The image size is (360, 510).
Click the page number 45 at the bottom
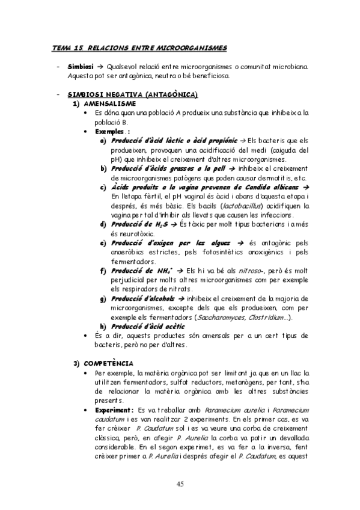coord(180,484)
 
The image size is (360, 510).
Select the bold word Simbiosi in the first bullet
coord(81,66)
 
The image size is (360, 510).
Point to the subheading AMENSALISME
coord(106,103)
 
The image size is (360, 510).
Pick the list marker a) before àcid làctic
coord(104,140)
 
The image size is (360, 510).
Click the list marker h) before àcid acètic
coord(104,326)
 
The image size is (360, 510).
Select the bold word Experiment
coord(113,409)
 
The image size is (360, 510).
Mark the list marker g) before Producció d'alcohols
coord(104,298)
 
